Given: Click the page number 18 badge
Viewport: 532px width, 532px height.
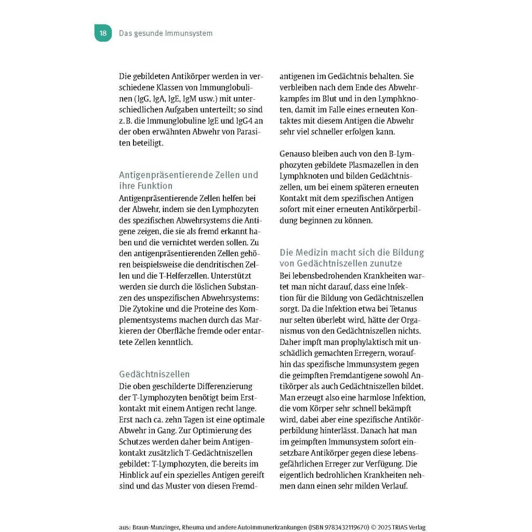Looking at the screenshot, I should [x=103, y=33].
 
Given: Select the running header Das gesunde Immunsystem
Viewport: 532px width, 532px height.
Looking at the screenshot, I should [x=166, y=33].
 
